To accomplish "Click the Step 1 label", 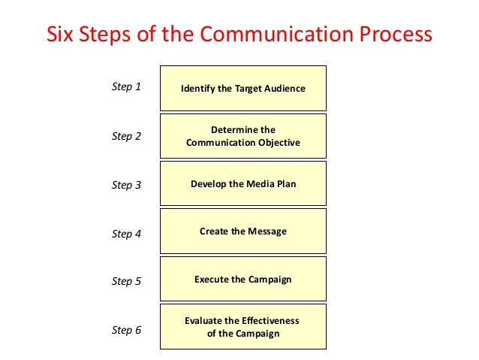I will tap(126, 86).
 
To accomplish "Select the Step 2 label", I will tap(126, 136).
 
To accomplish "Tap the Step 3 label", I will tap(126, 185).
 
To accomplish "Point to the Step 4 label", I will tap(126, 234).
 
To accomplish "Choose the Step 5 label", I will tap(126, 281).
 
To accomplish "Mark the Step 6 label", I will tap(126, 329).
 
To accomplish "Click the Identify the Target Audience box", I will tap(243, 89).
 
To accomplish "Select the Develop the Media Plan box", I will tap(243, 183).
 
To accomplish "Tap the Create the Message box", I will tap(243, 231).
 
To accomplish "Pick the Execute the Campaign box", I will tap(243, 280).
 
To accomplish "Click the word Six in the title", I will tap(62, 35).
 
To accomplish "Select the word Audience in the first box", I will tap(284, 89).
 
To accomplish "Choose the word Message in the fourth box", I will tap(267, 231).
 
